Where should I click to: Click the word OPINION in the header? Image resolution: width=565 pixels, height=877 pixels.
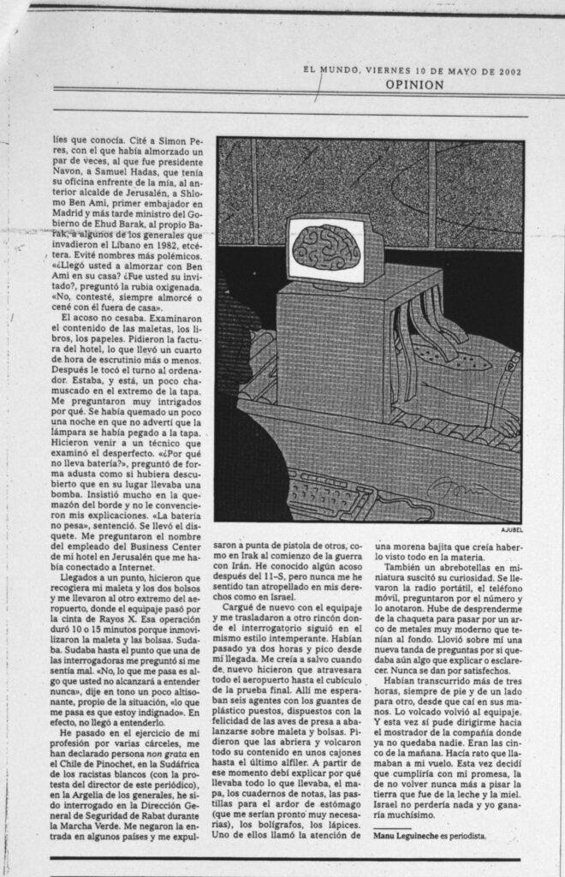[413, 85]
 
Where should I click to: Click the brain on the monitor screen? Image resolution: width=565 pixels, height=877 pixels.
[325, 248]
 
